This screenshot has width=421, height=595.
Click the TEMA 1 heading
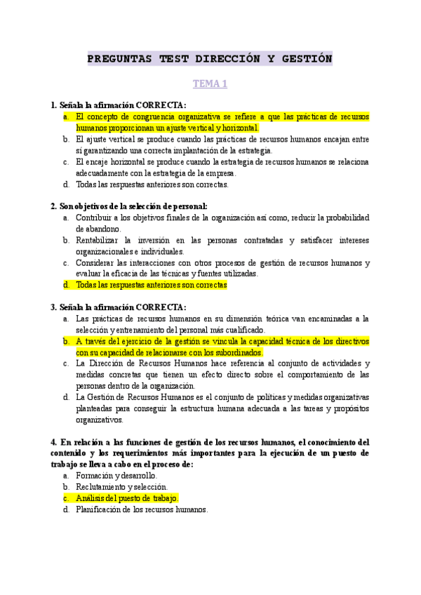(x=210, y=83)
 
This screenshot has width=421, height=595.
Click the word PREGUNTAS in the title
(x=119, y=59)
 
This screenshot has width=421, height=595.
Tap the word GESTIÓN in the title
(x=307, y=59)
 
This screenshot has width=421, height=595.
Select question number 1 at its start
(x=53, y=105)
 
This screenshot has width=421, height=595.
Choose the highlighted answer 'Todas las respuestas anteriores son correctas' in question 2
(x=151, y=286)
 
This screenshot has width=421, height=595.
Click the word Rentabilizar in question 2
(x=99, y=241)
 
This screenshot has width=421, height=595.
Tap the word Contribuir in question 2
(x=95, y=218)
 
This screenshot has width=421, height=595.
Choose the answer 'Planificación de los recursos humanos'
(x=142, y=509)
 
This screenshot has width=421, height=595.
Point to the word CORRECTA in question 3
(x=161, y=307)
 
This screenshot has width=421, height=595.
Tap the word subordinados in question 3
(x=234, y=352)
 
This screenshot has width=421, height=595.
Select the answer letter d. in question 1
(x=65, y=185)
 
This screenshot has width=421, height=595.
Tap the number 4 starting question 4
(x=53, y=442)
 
